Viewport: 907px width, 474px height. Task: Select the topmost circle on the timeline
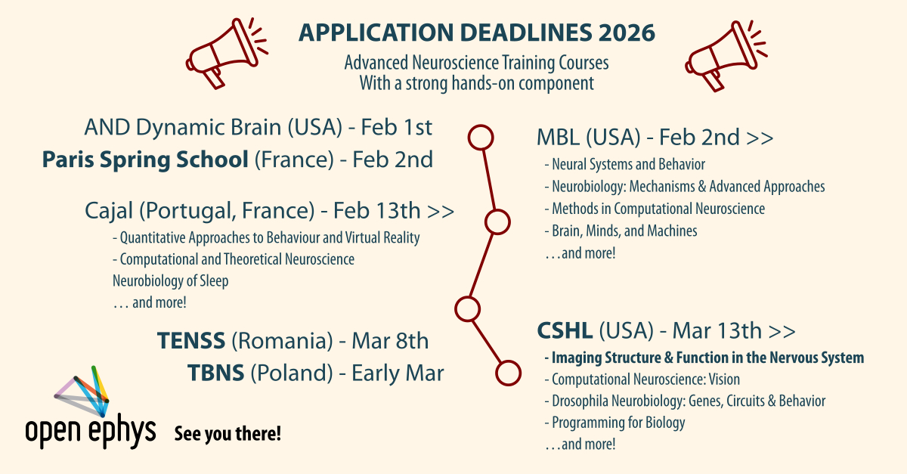point(481,138)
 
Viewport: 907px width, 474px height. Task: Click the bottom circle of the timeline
point(508,373)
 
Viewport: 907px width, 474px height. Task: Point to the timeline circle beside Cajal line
point(497,222)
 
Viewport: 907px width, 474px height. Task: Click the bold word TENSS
point(191,340)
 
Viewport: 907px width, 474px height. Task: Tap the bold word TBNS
point(216,373)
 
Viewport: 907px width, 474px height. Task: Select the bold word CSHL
point(565,330)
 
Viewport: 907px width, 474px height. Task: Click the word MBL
point(558,138)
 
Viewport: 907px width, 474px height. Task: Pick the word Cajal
point(109,211)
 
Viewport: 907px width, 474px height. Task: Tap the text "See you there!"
point(228,433)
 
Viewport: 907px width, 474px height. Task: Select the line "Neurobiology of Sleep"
point(171,280)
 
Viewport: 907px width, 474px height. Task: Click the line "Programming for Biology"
point(619,423)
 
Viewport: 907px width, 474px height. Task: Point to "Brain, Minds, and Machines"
point(624,231)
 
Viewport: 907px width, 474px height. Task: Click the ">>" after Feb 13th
point(441,212)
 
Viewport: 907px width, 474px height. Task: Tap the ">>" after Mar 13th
point(782,331)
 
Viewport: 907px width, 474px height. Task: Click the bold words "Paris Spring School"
point(145,160)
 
